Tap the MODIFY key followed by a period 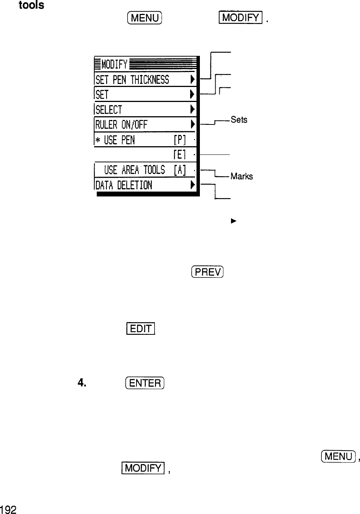click(x=241, y=18)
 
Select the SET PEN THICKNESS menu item click(x=132, y=79)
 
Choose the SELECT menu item click(x=109, y=109)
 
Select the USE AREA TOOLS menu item click(x=134, y=170)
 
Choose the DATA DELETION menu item click(x=124, y=185)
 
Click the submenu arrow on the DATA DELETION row click(x=192, y=184)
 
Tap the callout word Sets click(x=239, y=120)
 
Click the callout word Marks click(x=242, y=176)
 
